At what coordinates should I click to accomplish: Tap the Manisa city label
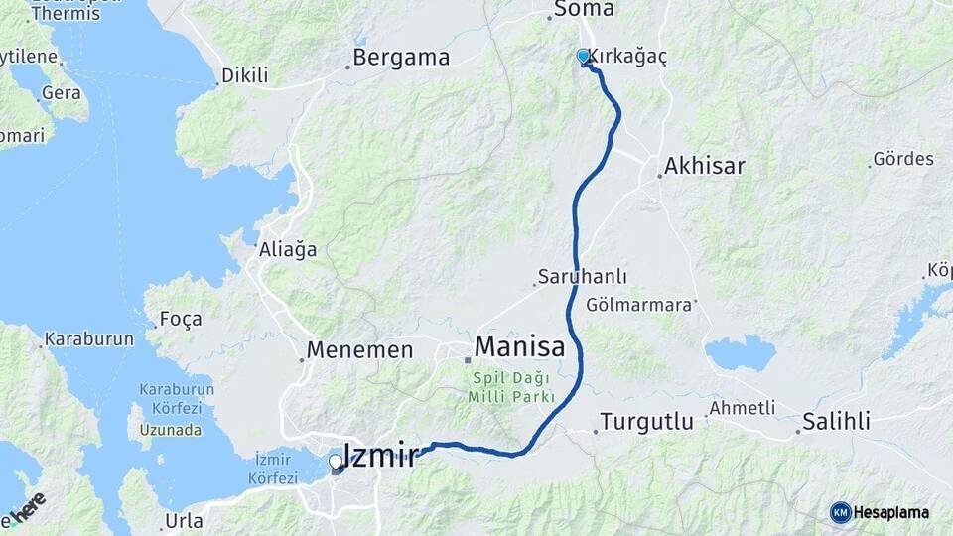click(519, 347)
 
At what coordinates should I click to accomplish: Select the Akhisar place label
click(706, 165)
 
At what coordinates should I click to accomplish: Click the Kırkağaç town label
click(628, 57)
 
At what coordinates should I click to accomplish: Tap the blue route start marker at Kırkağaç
click(584, 57)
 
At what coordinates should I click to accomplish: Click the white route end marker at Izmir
click(336, 462)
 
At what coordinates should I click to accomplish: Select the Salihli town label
click(837, 422)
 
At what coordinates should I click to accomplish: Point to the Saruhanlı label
click(582, 277)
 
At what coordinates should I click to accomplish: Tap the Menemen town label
click(359, 349)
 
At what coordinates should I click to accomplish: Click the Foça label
click(181, 319)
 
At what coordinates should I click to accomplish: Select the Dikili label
click(245, 74)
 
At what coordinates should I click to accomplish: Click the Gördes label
click(902, 159)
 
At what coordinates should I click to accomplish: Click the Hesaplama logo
click(884, 512)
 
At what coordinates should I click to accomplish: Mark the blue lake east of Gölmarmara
click(740, 352)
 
